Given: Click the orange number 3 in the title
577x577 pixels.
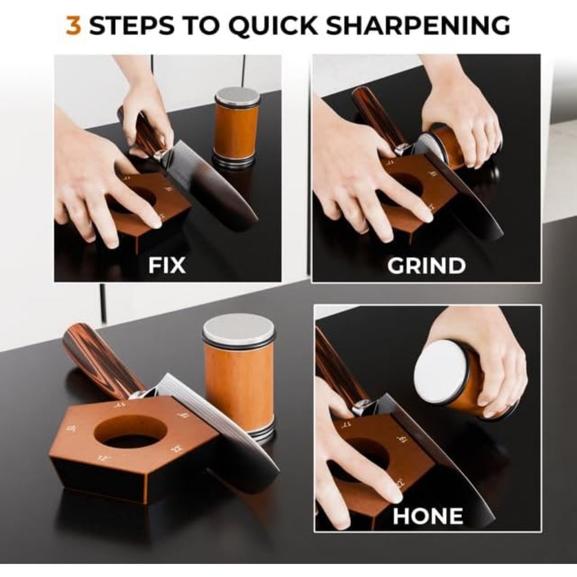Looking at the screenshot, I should point(73,26).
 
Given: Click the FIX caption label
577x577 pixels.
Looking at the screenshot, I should point(167,265).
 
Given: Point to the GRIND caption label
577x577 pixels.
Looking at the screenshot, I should point(426,266).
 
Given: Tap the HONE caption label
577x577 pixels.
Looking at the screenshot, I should point(428,516).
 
